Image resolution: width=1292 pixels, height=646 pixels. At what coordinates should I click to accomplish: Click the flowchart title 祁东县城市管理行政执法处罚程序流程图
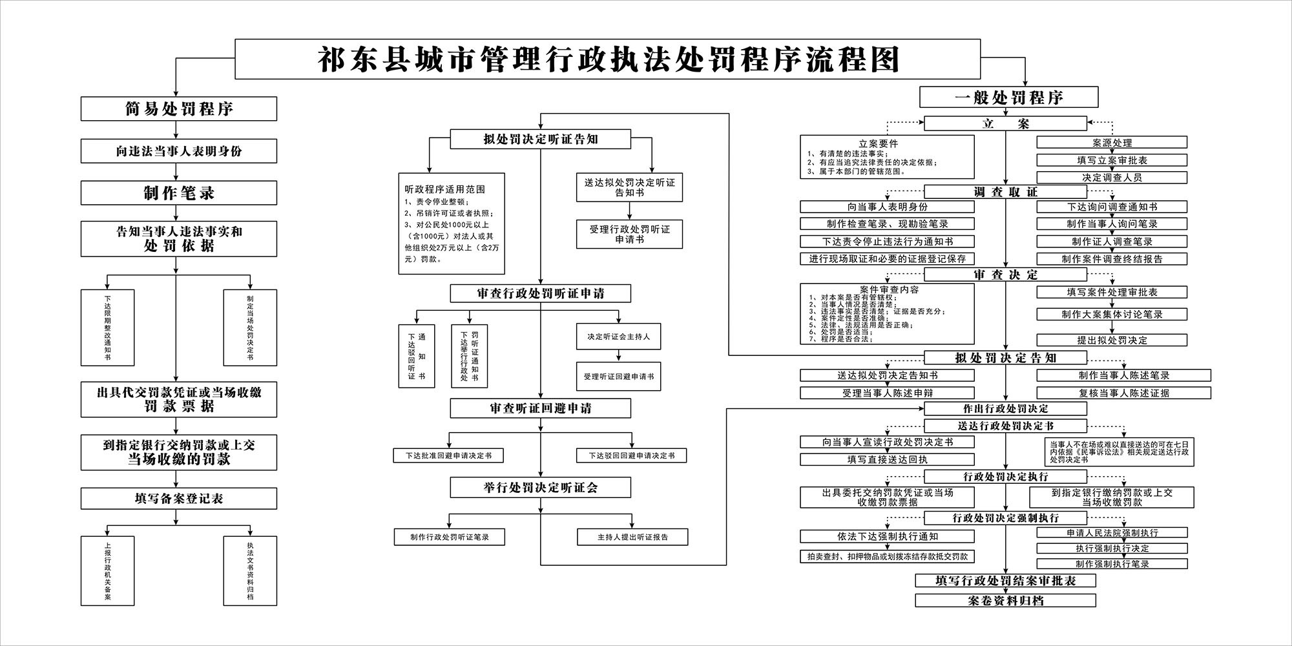(607, 59)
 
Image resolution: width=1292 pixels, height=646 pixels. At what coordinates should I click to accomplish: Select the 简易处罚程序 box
(179, 109)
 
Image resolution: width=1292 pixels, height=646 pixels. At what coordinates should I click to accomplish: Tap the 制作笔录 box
(179, 193)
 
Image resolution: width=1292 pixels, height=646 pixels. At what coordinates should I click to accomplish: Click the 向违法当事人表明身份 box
(179, 151)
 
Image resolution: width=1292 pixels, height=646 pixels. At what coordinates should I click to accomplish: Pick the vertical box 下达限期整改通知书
(107, 328)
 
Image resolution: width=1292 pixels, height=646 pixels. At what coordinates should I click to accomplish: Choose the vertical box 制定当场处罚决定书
(250, 328)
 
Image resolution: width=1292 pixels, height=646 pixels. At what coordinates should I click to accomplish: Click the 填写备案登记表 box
(179, 499)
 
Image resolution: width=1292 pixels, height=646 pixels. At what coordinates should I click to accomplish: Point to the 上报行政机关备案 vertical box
(107, 570)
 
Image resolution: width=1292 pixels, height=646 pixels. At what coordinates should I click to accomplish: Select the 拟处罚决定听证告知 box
(540, 139)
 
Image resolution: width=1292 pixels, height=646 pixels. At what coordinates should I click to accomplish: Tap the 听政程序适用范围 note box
(451, 224)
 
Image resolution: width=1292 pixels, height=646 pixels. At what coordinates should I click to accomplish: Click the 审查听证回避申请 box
(540, 408)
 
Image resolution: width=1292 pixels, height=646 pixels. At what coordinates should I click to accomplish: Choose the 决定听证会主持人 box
(618, 337)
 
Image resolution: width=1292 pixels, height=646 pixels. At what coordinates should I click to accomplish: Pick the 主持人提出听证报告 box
(632, 537)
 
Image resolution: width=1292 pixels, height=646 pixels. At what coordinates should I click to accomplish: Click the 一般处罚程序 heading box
(1008, 98)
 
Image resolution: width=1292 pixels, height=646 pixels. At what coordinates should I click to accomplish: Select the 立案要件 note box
(887, 157)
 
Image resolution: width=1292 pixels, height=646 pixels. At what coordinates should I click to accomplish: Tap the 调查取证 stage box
(1005, 192)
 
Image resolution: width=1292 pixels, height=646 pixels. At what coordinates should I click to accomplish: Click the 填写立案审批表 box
(1112, 160)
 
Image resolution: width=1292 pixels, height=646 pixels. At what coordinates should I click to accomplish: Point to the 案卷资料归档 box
(1005, 601)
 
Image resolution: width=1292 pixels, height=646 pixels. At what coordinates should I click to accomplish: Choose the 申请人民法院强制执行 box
(1112, 533)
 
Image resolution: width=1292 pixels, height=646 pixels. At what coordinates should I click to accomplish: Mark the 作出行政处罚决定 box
(1005, 408)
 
